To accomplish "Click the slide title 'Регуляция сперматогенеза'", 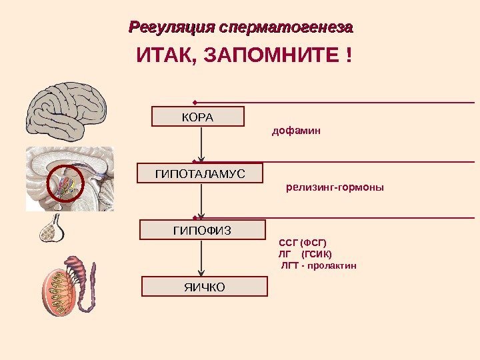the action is (x=241, y=28).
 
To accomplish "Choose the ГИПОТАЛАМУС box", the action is (x=200, y=173).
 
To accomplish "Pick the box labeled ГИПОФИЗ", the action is (x=202, y=230).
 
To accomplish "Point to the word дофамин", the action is (x=296, y=131).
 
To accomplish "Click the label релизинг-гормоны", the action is (x=335, y=188).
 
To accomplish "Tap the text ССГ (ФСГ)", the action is (x=303, y=242).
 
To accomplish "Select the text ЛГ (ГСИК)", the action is (x=305, y=253).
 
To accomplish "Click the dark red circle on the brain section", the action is (x=65, y=183).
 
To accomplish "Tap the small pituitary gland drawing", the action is (x=53, y=228).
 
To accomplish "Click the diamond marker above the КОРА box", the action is (x=194, y=103).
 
